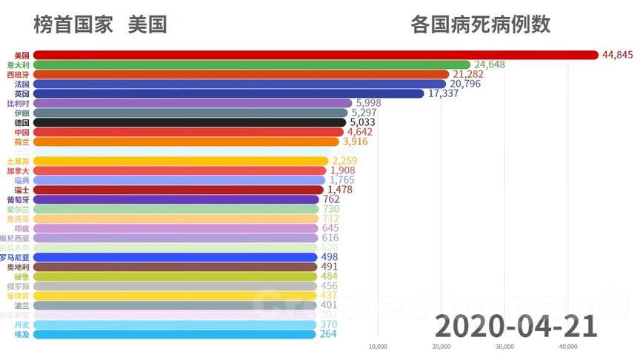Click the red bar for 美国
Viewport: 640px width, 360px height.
315,55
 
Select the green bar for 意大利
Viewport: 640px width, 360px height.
252,64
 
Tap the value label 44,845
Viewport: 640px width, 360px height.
618,55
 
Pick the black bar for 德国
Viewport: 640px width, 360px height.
190,122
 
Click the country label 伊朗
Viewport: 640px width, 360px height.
21,113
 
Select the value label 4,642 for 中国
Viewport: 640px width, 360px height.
360,132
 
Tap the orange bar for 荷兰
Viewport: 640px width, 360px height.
186,141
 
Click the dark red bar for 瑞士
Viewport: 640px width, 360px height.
179,190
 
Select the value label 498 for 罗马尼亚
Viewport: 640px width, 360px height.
330,257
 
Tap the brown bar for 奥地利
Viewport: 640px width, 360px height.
176,267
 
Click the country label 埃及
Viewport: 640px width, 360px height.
21,334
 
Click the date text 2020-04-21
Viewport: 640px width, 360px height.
516,325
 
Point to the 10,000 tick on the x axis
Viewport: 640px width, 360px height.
378,346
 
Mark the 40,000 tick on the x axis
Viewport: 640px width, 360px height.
568,346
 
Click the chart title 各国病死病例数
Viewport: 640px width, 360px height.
480,24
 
